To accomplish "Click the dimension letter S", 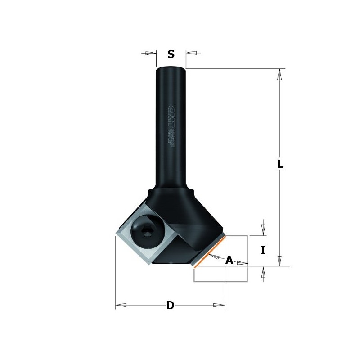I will coord(171,55).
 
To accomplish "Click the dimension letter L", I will coord(280,165).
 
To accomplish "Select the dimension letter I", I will coord(263,251).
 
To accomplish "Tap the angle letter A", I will coord(229,260).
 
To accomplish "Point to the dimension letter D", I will coord(170,306).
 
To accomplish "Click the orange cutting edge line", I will coord(210,252).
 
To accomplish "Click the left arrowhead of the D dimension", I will coord(121,305).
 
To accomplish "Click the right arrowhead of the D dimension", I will coord(219,305).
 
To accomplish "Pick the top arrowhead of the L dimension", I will coord(279,74).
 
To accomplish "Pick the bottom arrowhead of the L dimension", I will coord(279,261).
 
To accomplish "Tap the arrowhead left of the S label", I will coord(151,53).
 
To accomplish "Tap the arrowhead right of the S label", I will coord(191,53).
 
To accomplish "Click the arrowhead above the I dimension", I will coord(263,229).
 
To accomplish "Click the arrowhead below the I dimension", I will coord(263,273).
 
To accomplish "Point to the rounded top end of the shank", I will coord(171,69).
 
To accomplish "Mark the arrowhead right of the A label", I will coord(243,263).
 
